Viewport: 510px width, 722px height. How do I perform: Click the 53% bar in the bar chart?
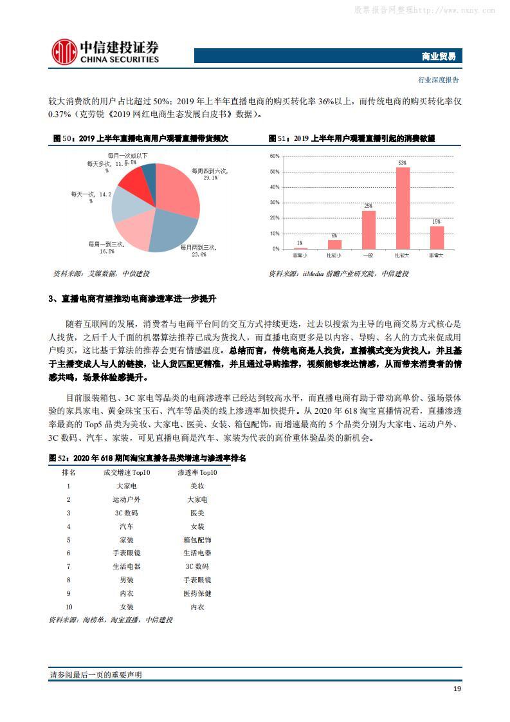(403, 208)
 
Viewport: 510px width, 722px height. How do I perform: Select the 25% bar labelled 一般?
(369, 230)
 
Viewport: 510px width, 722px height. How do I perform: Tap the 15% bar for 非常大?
(437, 237)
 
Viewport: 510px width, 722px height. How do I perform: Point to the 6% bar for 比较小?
(334, 245)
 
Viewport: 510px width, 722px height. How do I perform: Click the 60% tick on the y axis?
(274, 156)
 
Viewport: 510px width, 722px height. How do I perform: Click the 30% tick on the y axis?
(274, 203)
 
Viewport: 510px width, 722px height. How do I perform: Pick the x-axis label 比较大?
(403, 255)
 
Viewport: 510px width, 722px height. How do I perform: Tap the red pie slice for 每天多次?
(133, 183)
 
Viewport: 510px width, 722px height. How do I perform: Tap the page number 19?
(457, 689)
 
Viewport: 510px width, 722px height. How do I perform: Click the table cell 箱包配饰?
(197, 540)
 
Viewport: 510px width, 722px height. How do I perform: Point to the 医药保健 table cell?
(197, 593)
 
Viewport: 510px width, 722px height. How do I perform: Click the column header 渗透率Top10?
(197, 472)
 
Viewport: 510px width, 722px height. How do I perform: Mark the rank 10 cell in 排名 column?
(69, 607)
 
